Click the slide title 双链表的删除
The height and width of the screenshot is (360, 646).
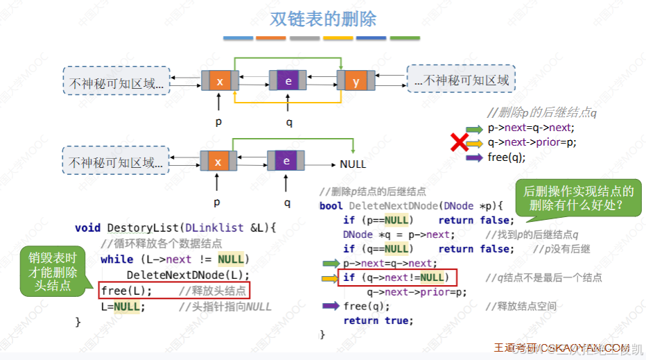322,18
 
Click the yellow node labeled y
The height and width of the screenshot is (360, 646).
356,82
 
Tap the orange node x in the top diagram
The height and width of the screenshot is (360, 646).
220,82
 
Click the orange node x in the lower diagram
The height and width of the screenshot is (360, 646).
218,162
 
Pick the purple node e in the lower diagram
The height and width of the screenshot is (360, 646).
286,162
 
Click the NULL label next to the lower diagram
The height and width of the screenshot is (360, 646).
353,164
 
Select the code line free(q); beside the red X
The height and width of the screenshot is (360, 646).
507,157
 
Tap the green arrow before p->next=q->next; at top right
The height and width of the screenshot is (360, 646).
474,128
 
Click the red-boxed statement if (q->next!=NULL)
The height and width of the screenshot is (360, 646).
392,278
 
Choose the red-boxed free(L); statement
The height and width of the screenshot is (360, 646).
126,291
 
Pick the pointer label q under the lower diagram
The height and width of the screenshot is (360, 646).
287,203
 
